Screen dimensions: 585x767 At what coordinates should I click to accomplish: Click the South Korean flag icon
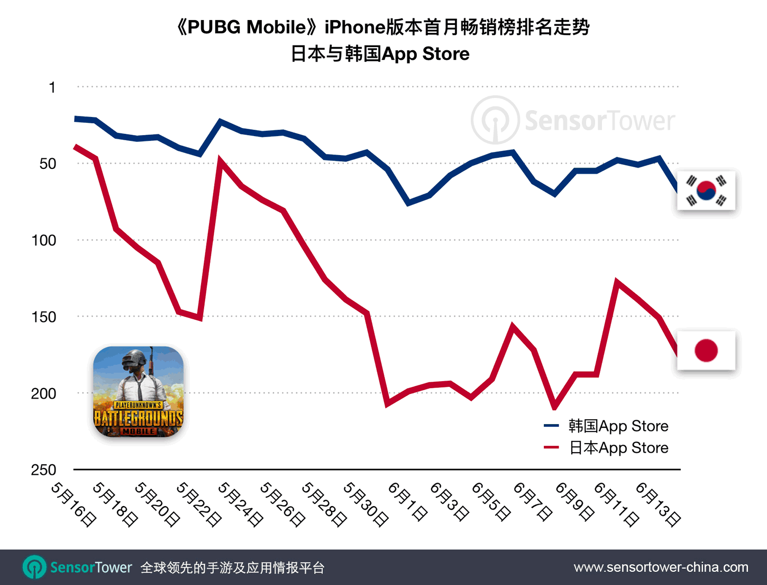(x=706, y=191)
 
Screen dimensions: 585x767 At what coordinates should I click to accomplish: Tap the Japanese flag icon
(x=706, y=350)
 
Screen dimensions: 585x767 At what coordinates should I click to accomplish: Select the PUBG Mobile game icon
(x=139, y=392)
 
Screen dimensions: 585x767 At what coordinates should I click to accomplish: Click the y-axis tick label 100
(x=44, y=240)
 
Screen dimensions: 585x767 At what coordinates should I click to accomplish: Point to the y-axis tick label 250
(x=44, y=470)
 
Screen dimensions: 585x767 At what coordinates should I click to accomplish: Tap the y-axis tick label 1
(x=52, y=87)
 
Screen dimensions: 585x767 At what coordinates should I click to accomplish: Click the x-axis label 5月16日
(x=74, y=504)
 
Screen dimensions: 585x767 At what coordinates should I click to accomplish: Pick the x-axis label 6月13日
(x=658, y=504)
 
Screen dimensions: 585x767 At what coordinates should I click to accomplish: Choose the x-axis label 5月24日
(x=240, y=504)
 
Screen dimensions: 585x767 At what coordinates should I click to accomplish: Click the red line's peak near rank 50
(x=221, y=159)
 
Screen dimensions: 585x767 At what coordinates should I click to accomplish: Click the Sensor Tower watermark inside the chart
(x=573, y=121)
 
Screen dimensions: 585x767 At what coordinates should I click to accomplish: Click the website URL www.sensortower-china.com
(x=661, y=568)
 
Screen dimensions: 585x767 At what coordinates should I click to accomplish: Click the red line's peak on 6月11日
(x=617, y=281)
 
